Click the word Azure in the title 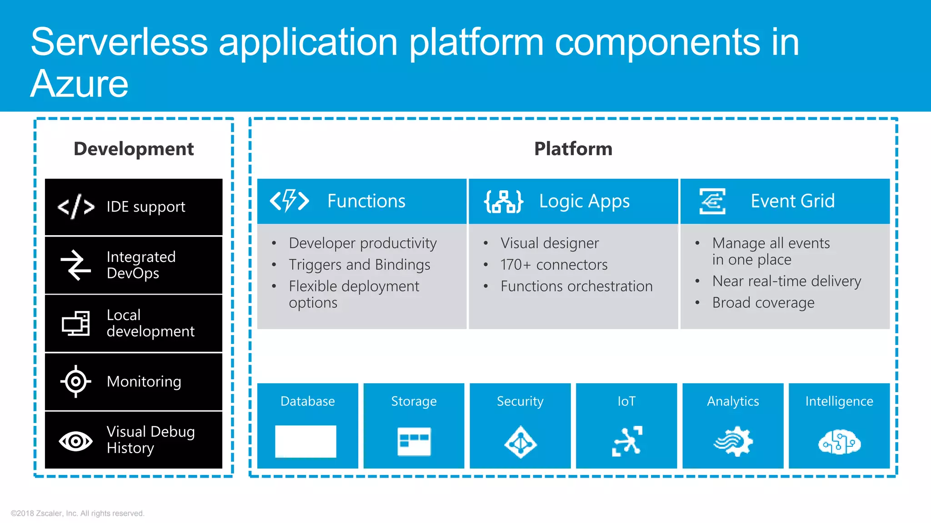pos(80,84)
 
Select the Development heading pos(134,149)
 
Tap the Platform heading pos(573,149)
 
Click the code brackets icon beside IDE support pos(76,207)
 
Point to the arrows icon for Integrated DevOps pos(76,265)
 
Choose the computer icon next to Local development pos(76,323)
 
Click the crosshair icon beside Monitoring pos(76,381)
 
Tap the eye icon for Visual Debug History pos(76,441)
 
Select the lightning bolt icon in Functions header pos(290,201)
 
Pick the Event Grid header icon pos(712,201)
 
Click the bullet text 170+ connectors pos(554,265)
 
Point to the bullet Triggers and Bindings pos(359,265)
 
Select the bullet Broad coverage pos(763,303)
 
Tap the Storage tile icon pos(414,441)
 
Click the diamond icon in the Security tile pos(520,442)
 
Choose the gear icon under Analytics pos(733,441)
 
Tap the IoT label pos(626,401)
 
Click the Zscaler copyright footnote pos(77,513)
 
